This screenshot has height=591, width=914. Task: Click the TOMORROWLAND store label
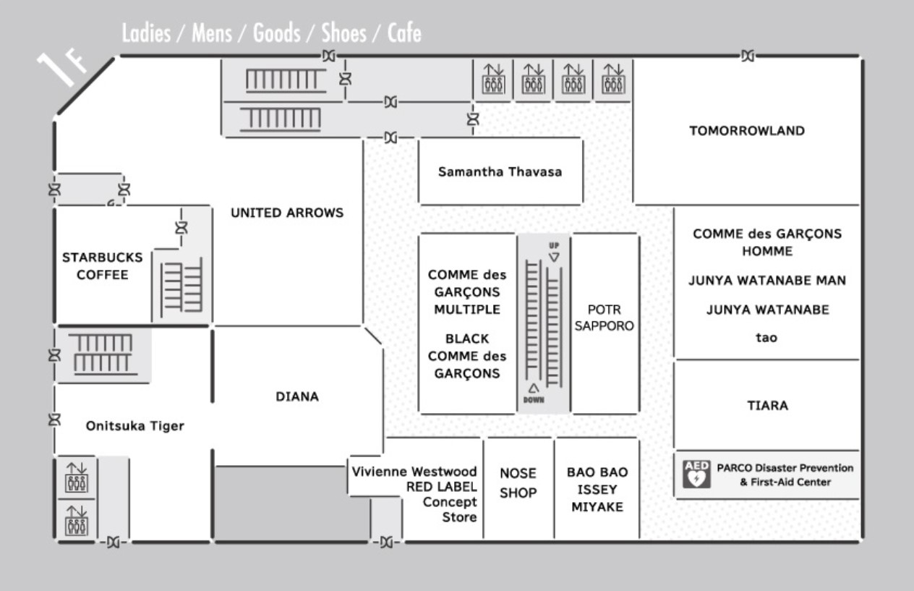point(747,131)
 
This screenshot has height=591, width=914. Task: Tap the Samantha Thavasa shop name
point(500,172)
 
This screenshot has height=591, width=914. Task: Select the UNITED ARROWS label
point(287,213)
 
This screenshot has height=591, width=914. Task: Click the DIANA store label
point(297,396)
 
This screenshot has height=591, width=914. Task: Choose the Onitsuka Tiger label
point(134,426)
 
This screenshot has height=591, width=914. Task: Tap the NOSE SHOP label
point(518,483)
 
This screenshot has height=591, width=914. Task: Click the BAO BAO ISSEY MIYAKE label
point(597,490)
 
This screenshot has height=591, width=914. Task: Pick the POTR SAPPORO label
point(604,318)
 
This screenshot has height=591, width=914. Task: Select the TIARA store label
point(767,405)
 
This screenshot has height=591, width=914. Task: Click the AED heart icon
point(697,475)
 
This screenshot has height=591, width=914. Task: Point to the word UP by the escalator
point(554,245)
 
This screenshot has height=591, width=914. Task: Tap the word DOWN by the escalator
point(534,400)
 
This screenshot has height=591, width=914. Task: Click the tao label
point(766,337)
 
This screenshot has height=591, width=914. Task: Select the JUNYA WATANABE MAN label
point(766,281)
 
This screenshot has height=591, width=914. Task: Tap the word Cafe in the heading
point(403,33)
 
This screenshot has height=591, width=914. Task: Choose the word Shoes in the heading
point(343,33)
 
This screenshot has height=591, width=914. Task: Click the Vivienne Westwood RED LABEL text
point(414,479)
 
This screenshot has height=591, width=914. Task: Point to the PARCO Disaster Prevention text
point(785,468)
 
